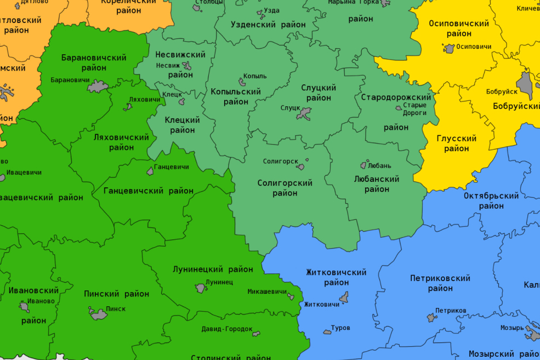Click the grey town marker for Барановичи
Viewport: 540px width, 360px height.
point(98,86)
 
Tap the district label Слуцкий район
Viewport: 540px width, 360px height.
point(319,93)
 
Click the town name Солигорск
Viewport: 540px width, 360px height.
point(280,161)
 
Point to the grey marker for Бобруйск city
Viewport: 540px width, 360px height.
point(525,83)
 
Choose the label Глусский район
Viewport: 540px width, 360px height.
point(456,144)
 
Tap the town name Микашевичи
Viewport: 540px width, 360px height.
point(267,292)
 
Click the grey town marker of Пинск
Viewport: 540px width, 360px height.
point(98,313)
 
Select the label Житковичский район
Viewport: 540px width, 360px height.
point(336,277)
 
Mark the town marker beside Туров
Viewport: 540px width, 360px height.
point(327,331)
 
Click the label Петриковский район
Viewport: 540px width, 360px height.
point(440,283)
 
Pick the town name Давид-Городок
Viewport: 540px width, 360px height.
point(227,329)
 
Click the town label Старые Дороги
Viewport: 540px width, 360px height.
point(414,108)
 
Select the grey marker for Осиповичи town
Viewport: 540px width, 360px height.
point(450,48)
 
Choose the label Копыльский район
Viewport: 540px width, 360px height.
point(236,96)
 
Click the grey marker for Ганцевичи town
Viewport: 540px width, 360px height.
point(150,172)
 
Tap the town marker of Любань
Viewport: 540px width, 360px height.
point(363,165)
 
